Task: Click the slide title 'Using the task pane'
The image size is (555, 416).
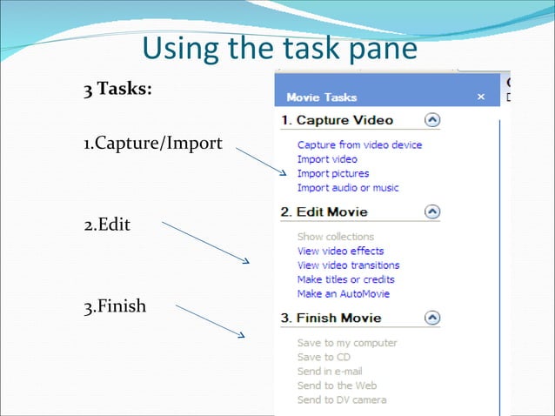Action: click(279, 48)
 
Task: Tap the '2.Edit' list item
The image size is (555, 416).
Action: click(107, 224)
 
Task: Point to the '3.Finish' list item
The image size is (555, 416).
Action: click(115, 306)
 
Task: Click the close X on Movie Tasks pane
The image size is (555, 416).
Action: click(481, 97)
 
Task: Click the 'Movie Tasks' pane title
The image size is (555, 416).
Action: click(321, 97)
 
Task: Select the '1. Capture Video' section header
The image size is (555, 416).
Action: click(337, 120)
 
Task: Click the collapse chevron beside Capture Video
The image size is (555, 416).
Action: click(432, 120)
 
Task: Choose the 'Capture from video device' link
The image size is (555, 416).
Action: click(359, 144)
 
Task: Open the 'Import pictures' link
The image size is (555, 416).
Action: click(333, 173)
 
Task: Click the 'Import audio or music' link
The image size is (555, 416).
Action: click(348, 187)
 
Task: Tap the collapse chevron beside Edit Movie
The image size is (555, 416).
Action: click(432, 211)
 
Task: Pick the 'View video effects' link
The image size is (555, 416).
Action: click(340, 251)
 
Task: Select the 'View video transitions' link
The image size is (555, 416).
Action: click(348, 265)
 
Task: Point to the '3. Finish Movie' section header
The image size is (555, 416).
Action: click(331, 318)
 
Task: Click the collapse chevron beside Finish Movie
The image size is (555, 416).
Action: click(432, 318)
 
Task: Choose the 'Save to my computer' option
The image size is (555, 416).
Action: click(347, 343)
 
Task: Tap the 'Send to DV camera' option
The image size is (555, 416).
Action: click(342, 399)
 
